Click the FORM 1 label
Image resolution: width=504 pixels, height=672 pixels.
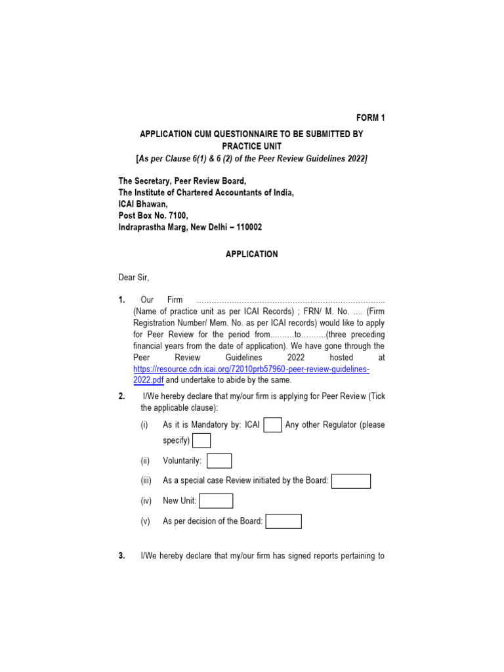pyautogui.click(x=371, y=118)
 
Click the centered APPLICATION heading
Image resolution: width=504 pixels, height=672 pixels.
pyautogui.click(x=252, y=254)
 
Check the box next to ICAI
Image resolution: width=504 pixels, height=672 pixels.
pyautogui.click(x=273, y=425)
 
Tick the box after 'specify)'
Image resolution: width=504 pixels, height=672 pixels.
pyautogui.click(x=201, y=440)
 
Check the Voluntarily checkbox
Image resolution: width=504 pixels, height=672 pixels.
pyautogui.click(x=219, y=461)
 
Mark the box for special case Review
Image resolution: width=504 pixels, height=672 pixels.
pyautogui.click(x=351, y=481)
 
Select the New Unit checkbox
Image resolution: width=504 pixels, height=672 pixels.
pyautogui.click(x=216, y=501)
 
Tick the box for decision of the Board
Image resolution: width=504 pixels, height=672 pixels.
pyautogui.click(x=283, y=522)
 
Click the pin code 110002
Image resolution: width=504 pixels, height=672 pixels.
pyautogui.click(x=247, y=227)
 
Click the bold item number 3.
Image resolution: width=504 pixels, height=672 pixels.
pyautogui.click(x=122, y=556)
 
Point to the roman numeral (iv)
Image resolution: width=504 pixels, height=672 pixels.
pyautogui.click(x=146, y=501)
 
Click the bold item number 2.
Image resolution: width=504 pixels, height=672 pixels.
pyautogui.click(x=122, y=396)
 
